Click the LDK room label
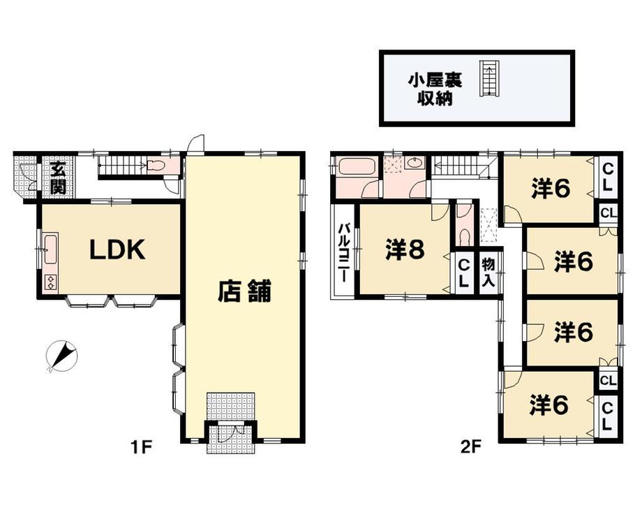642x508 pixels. [x=117, y=249]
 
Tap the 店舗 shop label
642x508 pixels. [x=244, y=291]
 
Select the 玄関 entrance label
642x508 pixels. [x=57, y=179]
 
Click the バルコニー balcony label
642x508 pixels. [x=344, y=252]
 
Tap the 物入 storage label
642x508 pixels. [x=490, y=270]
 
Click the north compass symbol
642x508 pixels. [x=61, y=356]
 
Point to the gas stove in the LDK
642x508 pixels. [x=51, y=282]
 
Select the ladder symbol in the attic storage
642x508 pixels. [x=490, y=78]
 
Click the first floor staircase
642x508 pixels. [x=122, y=166]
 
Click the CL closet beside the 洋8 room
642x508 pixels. [x=463, y=271]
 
